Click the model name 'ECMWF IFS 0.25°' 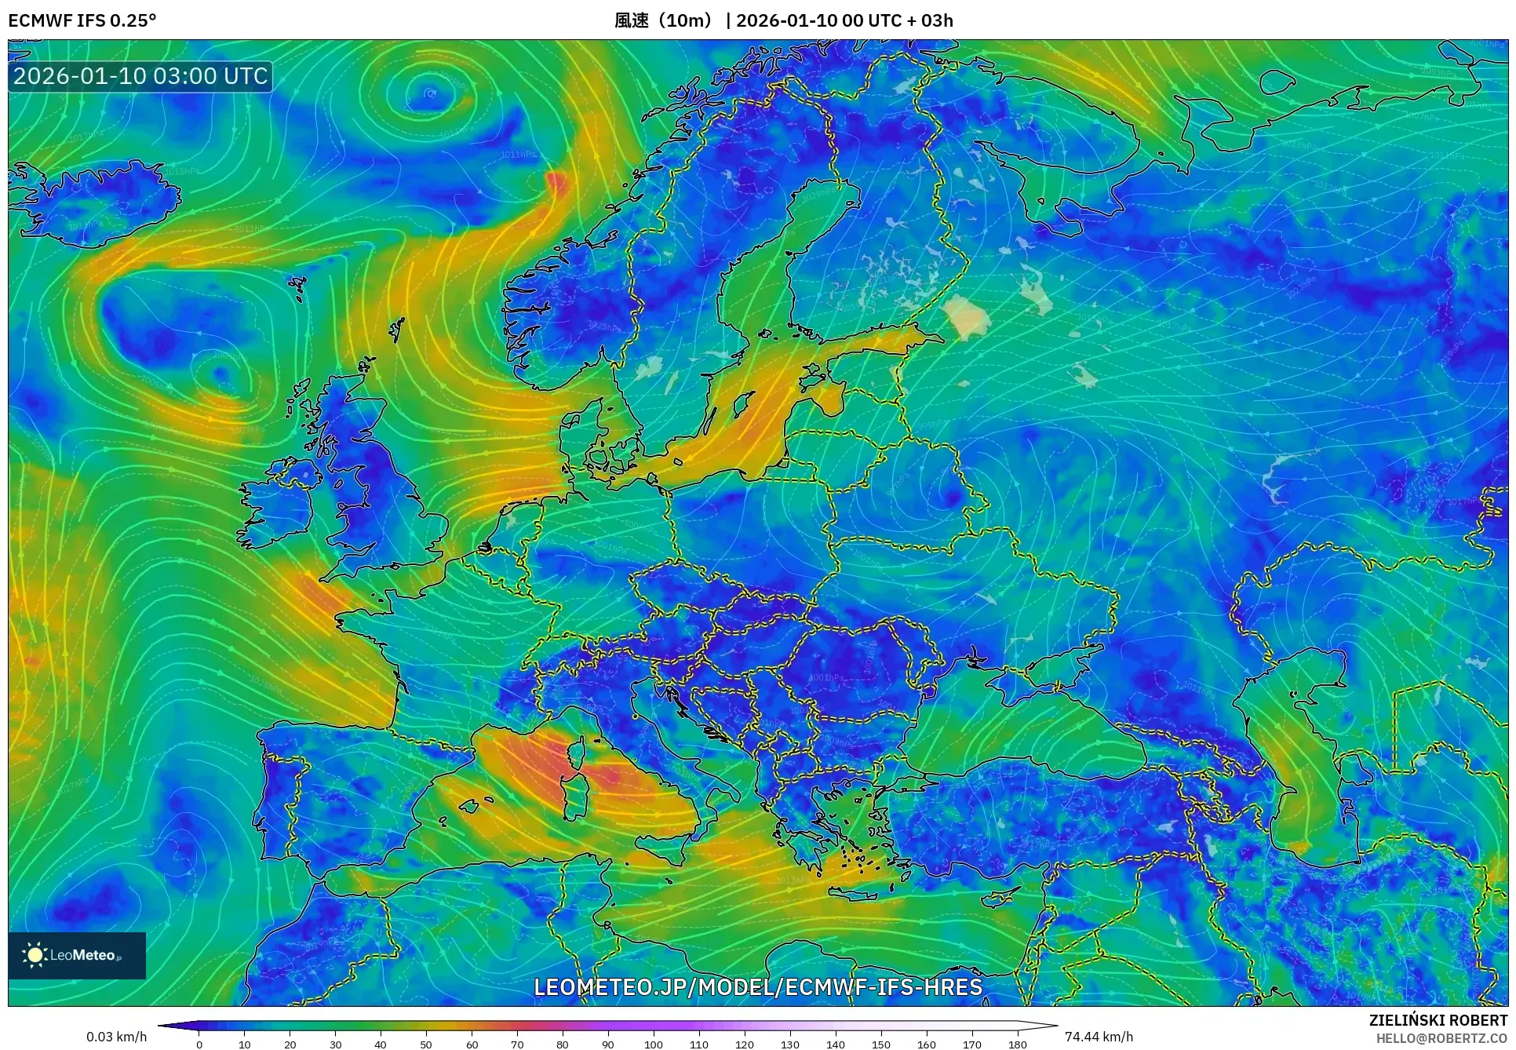click(x=82, y=20)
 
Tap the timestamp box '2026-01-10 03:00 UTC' click(x=140, y=76)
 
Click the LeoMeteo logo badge click(x=77, y=955)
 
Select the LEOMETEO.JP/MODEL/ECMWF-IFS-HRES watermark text click(x=758, y=986)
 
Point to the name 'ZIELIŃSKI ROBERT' click(x=1438, y=1020)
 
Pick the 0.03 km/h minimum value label click(x=116, y=1037)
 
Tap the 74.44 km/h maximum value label click(x=1099, y=1037)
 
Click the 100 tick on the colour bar click(x=653, y=1044)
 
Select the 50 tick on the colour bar click(x=426, y=1044)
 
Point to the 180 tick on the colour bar click(x=1017, y=1044)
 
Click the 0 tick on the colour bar click(x=199, y=1044)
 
